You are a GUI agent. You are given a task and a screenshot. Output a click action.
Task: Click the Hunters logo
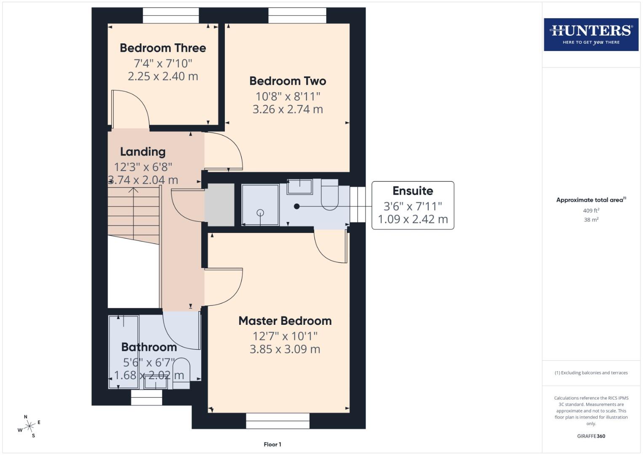tap(591, 34)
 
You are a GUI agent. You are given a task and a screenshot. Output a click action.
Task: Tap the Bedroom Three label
tap(163, 48)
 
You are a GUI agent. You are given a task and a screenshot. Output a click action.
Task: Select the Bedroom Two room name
tap(288, 81)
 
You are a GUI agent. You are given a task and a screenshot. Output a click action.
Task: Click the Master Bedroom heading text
tap(285, 321)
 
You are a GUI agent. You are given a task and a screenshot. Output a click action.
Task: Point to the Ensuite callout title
tap(413, 191)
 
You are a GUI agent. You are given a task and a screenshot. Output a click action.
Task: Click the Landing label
tap(143, 152)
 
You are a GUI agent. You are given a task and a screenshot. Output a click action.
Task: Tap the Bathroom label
tap(149, 347)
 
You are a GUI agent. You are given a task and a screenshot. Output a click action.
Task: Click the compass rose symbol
tap(29, 427)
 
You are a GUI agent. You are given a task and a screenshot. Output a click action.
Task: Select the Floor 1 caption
tap(272, 444)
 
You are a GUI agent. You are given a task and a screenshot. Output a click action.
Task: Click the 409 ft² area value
tap(591, 211)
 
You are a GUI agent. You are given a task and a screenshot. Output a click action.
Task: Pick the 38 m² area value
tap(591, 220)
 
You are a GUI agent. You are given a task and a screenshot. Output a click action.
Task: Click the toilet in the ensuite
tap(330, 195)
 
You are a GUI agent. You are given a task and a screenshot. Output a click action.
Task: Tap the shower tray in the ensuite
tap(260, 205)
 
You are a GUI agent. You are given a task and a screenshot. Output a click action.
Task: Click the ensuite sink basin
tap(300, 186)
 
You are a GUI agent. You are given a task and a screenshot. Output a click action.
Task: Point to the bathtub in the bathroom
tap(123, 352)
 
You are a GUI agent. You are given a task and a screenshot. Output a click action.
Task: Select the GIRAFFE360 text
tap(591, 436)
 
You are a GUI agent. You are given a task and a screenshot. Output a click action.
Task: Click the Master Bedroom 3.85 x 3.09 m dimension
tap(285, 349)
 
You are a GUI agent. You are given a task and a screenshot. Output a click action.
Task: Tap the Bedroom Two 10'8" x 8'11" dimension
tap(288, 96)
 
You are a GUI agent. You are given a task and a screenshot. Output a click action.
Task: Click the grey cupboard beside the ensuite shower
tap(219, 205)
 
